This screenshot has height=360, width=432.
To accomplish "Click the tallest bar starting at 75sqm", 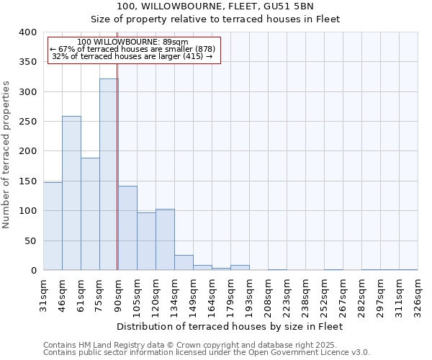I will point(109,174).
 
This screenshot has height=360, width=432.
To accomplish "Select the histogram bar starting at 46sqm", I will point(71,193).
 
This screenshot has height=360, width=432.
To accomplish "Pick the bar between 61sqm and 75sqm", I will point(90,214).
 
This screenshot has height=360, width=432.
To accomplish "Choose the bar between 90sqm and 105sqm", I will point(127,228).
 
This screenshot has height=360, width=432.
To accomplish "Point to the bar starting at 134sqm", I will point(184,263).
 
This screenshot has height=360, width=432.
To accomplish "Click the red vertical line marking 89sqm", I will point(117,158).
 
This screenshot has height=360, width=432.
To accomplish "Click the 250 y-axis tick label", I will point(27,122).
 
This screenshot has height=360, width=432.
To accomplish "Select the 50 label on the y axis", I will point(30,240).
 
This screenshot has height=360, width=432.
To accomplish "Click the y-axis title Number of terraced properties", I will point(7,155).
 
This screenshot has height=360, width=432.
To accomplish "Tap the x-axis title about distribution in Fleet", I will point(229,326).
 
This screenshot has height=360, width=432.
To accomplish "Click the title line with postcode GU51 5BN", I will point(215,6).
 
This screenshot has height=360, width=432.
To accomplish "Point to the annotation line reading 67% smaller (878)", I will point(132,48).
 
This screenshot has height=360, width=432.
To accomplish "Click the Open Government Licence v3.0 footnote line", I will point(207,352).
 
